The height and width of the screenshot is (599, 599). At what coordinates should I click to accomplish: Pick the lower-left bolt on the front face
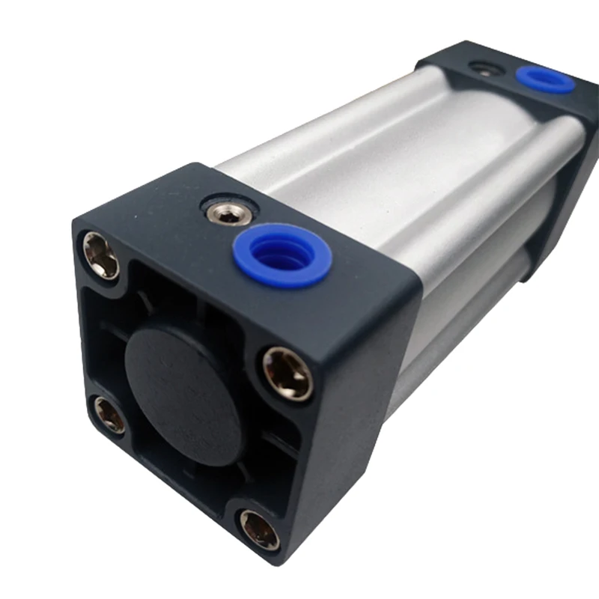(110, 414)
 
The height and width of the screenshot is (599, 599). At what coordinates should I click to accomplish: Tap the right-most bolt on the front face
(288, 373)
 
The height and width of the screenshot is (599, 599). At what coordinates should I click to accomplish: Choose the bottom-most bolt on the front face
(259, 529)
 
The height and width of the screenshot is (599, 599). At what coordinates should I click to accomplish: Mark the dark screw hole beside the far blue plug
(481, 68)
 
